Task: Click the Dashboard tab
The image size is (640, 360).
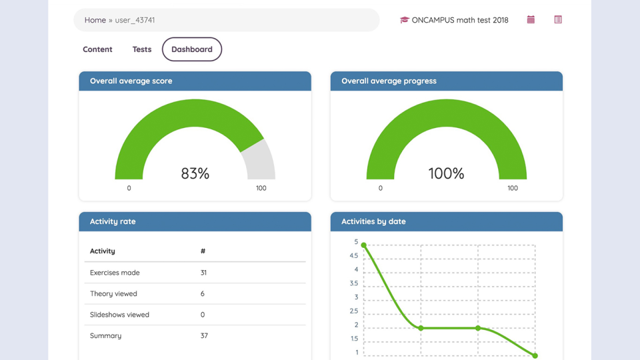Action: (192, 49)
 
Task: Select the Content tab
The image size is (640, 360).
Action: (97, 49)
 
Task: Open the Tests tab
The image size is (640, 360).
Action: (142, 49)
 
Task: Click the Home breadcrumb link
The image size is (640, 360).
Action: (95, 20)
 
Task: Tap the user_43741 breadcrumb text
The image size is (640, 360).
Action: (135, 20)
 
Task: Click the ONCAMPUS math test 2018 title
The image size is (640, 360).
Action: (460, 20)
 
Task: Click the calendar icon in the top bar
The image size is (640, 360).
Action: (531, 20)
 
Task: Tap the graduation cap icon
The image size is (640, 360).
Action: (404, 20)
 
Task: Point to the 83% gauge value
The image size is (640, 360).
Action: (195, 173)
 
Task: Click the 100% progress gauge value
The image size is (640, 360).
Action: (446, 173)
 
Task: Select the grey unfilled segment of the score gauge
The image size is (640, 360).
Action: (259, 160)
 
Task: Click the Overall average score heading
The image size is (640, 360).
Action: (131, 81)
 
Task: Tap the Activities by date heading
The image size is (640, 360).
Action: (373, 221)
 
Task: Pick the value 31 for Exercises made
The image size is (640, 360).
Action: (203, 273)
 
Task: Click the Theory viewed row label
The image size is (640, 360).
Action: (114, 293)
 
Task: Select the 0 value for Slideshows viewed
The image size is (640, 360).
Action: (203, 315)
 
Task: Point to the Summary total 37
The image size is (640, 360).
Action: (204, 335)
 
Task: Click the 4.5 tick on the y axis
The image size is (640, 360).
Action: (353, 256)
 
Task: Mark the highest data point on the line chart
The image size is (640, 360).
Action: (364, 245)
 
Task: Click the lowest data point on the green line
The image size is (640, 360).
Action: (535, 355)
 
